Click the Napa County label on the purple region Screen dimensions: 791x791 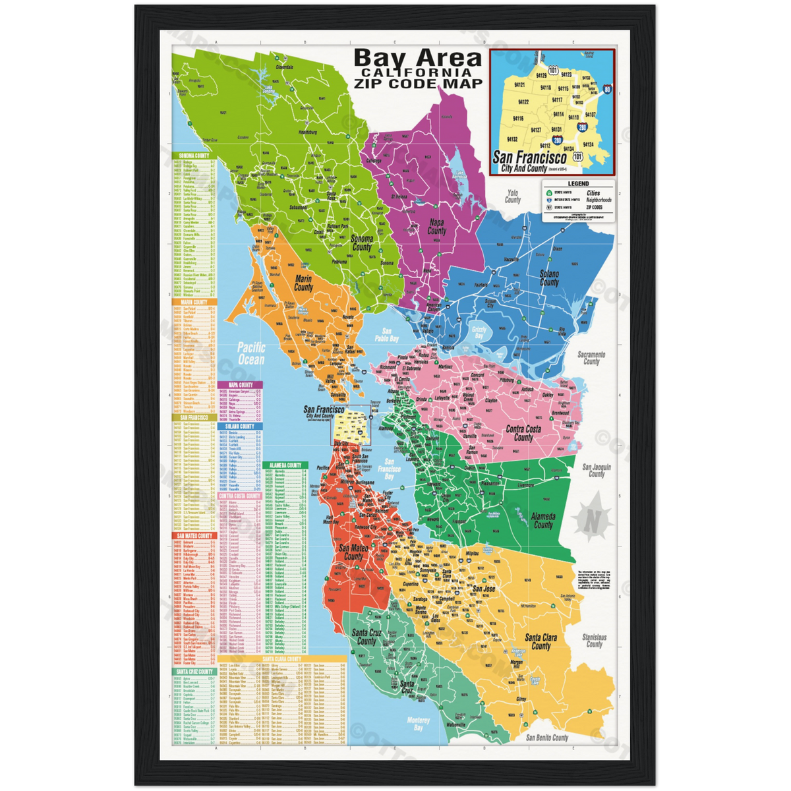(436, 227)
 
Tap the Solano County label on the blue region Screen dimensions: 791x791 (549, 278)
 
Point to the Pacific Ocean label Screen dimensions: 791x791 (250, 353)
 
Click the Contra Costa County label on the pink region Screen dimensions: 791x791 (523, 433)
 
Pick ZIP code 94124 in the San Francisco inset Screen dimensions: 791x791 (588, 144)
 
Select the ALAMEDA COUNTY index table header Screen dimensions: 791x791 (285, 465)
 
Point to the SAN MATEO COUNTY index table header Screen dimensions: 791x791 (194, 536)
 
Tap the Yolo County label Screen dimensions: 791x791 (512, 196)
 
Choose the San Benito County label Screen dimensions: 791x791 (547, 738)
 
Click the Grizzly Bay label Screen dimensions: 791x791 (479, 332)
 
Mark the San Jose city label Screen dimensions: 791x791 (484, 589)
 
